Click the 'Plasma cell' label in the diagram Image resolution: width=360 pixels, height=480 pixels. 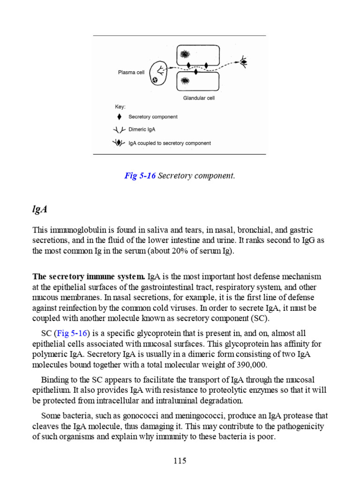coord(131,73)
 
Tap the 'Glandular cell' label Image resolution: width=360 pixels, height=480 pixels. coord(199,98)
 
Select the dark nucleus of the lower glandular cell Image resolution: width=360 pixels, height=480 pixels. coord(185,81)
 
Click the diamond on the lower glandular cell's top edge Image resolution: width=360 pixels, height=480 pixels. coord(195,72)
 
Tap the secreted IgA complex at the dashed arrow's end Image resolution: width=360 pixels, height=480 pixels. coord(244,61)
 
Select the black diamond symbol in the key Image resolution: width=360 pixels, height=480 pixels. coord(120,117)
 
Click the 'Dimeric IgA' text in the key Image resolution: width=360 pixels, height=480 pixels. coord(142,130)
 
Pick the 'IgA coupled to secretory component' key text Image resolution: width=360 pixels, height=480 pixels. coord(169,143)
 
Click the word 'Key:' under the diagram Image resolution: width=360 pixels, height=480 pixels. coord(120,106)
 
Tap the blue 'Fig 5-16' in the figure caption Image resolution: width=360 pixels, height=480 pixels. coord(140,176)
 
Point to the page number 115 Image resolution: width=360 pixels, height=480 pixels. coord(180,460)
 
